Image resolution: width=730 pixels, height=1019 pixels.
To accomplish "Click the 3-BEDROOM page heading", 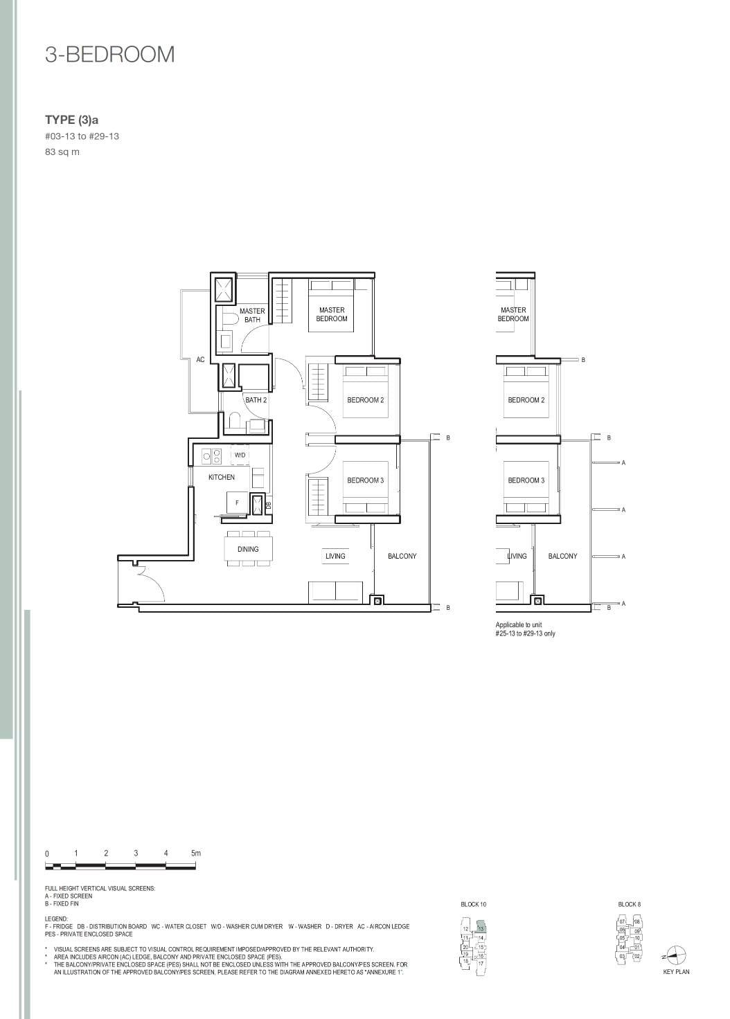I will (x=109, y=55).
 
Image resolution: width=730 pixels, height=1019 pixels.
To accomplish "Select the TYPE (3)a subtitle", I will (x=71, y=120).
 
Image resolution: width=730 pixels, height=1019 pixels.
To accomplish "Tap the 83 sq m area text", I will (x=62, y=152).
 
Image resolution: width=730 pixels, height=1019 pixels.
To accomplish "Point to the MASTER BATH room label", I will (x=252, y=316).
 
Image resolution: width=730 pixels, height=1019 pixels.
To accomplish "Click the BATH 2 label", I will (x=256, y=400).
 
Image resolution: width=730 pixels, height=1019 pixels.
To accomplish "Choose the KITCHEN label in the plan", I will (x=222, y=477).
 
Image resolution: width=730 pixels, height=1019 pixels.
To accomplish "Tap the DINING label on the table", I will (x=248, y=549).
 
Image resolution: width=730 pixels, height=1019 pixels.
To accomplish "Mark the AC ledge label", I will (x=200, y=360).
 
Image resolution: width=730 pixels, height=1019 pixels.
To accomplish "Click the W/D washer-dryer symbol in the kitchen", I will (x=240, y=455).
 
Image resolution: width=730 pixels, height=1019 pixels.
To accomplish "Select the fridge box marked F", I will (x=237, y=503).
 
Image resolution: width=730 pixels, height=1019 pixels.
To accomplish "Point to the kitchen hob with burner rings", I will (x=212, y=456).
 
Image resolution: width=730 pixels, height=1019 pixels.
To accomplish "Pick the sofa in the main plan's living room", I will (x=336, y=591).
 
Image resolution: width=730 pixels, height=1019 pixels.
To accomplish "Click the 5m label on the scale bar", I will (x=196, y=853).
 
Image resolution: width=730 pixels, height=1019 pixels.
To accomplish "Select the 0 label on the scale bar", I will (x=47, y=854).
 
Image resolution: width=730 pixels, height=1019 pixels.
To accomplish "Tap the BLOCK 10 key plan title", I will (x=474, y=904).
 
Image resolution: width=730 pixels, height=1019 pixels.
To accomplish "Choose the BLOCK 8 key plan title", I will (x=629, y=904).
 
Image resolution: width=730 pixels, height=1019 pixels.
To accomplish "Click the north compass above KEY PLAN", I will (x=676, y=954).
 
